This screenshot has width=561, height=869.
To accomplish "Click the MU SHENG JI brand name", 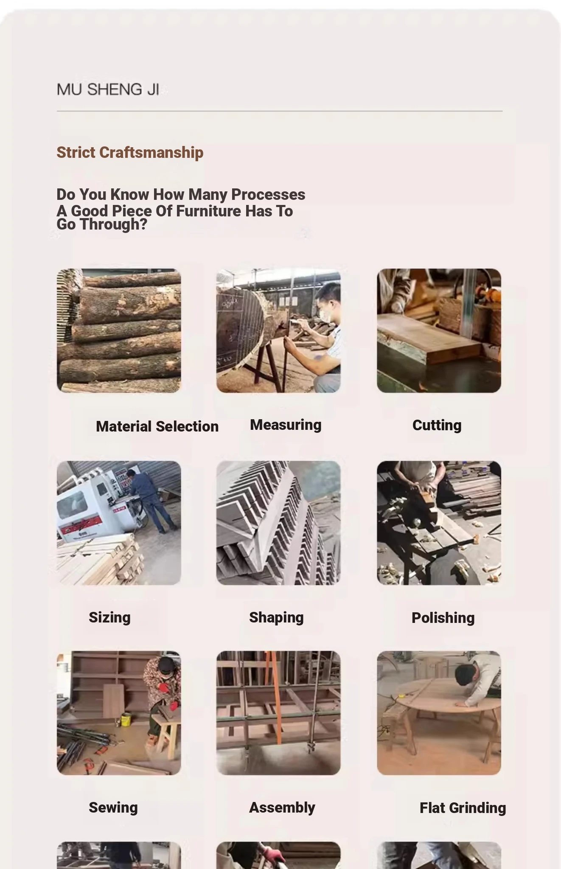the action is [x=108, y=90].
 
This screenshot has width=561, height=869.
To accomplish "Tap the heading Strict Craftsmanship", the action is [x=130, y=152].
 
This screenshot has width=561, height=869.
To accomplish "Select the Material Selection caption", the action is [x=157, y=426].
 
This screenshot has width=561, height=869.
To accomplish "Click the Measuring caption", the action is [x=286, y=425].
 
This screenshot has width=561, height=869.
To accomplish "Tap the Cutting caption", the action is [x=437, y=426].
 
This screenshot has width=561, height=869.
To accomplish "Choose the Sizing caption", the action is [x=109, y=618].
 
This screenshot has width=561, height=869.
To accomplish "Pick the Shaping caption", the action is [x=276, y=618].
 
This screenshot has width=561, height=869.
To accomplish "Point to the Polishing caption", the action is [x=443, y=618].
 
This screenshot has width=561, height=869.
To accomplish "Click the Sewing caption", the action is [x=113, y=807].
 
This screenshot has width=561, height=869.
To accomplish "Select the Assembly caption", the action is [x=282, y=807].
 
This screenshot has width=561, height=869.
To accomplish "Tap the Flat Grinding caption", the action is [x=463, y=808].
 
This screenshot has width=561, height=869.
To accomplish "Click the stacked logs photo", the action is [x=119, y=331].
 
